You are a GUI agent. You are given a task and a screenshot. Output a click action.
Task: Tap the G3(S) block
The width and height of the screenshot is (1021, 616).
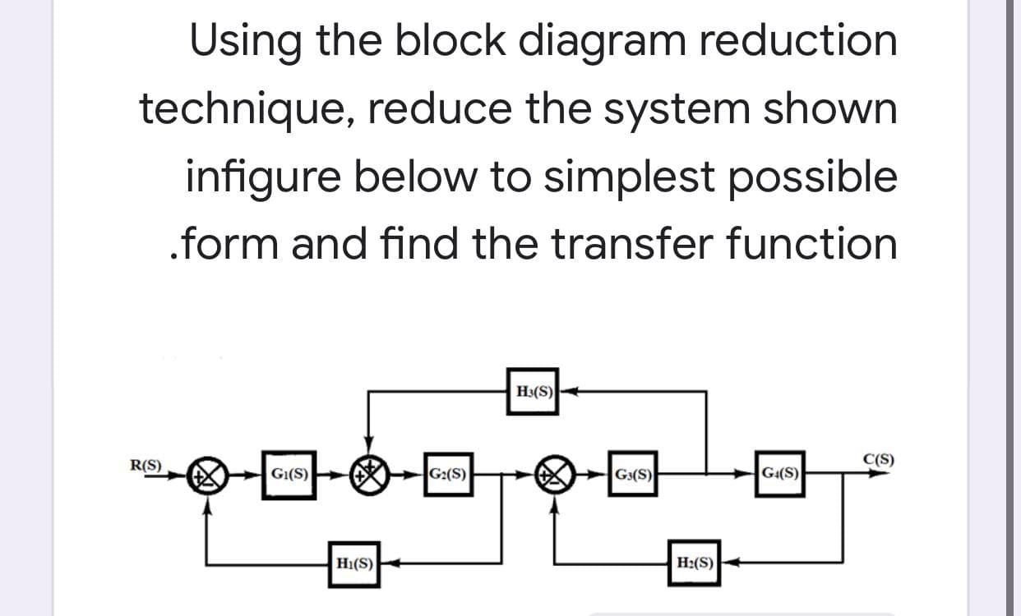point(634,474)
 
